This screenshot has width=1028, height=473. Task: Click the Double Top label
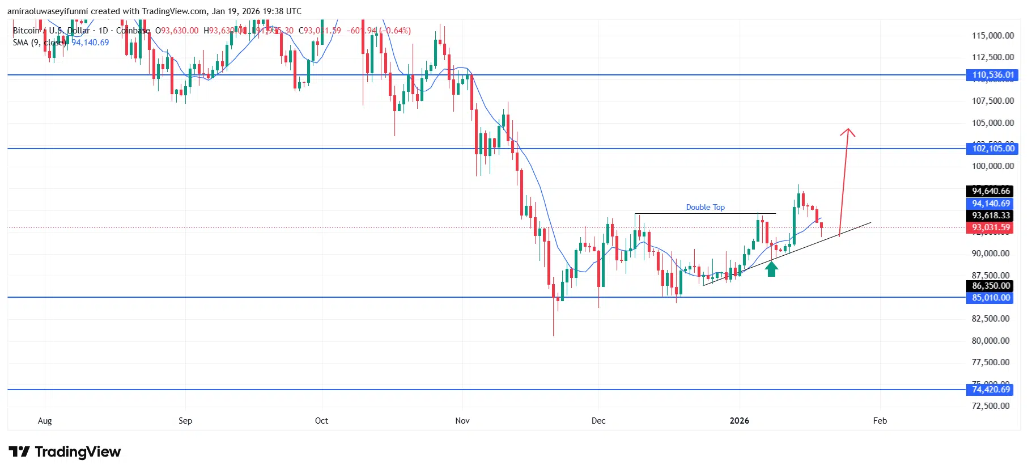705,208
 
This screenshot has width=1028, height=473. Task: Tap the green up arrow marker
771,268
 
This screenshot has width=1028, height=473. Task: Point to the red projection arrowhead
847,133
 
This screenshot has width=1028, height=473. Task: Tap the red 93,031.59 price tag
991,227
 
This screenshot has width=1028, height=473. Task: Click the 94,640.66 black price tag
991,191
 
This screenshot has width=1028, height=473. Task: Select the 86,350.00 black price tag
991,286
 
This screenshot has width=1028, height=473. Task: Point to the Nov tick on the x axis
462,421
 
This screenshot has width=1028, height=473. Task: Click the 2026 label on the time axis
739,421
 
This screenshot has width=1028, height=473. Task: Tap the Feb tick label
880,421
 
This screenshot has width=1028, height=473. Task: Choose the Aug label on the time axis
45,421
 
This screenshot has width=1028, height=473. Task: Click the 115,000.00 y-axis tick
993,36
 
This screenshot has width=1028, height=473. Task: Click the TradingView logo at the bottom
65,452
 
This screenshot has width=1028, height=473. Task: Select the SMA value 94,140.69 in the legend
90,43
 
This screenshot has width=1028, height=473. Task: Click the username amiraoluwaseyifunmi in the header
48,11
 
